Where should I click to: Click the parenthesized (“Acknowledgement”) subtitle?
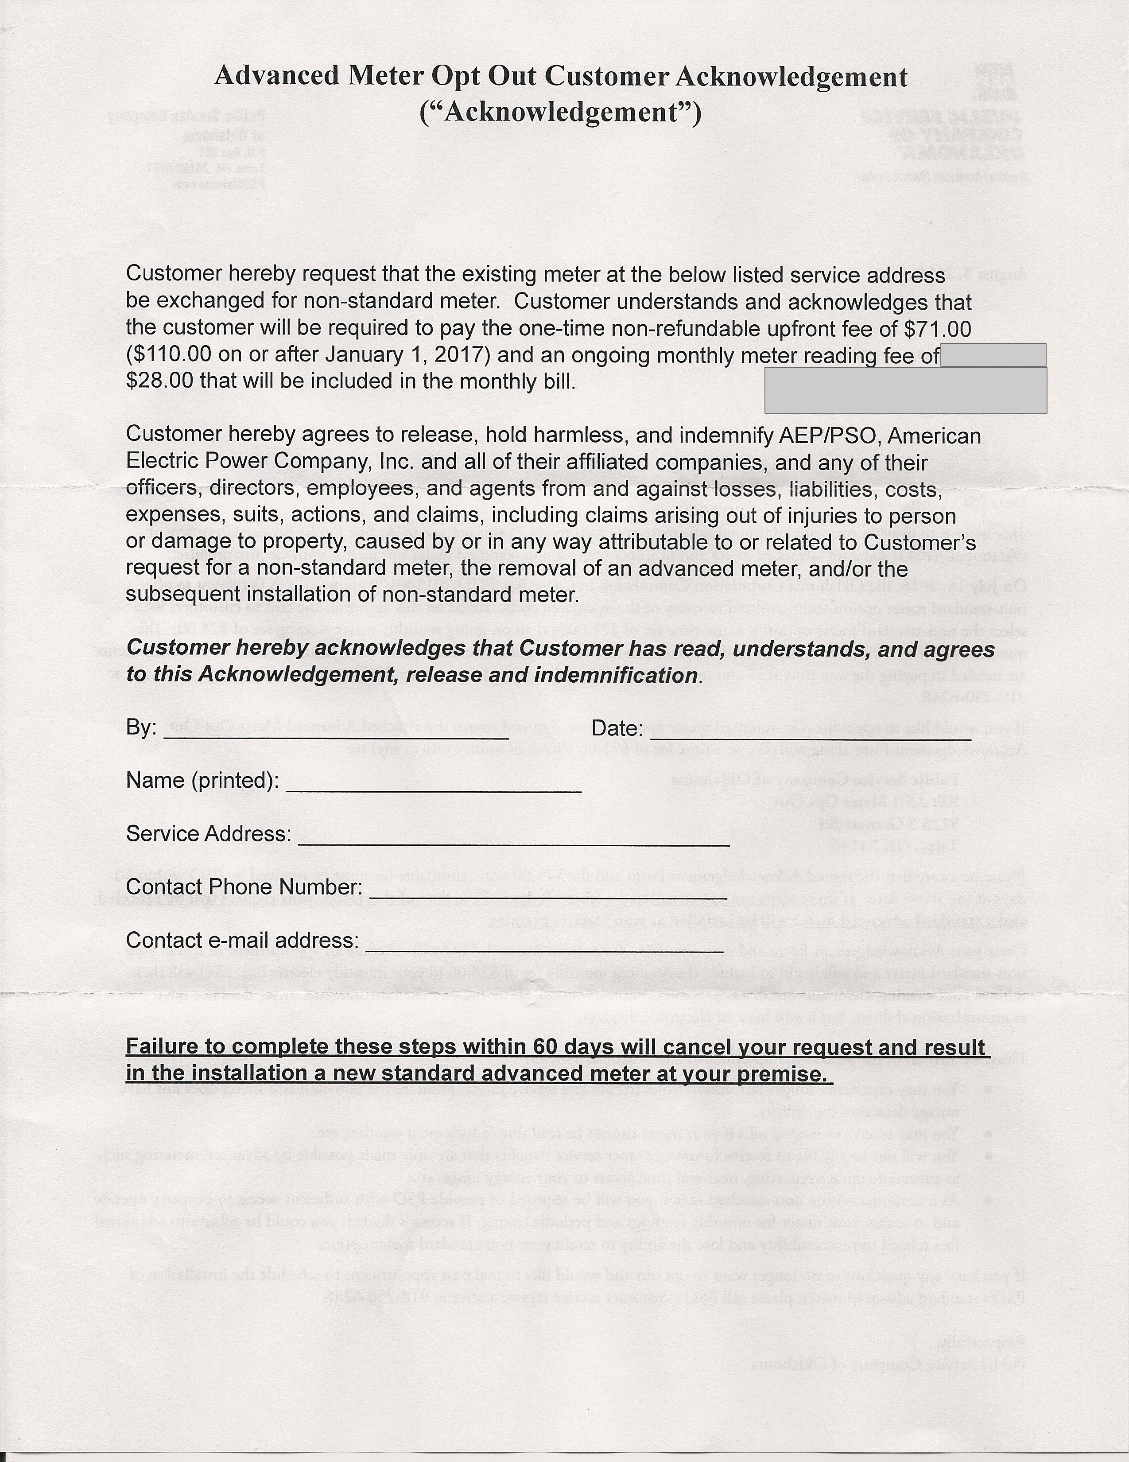tap(560, 113)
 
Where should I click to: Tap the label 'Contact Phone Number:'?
tap(244, 887)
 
